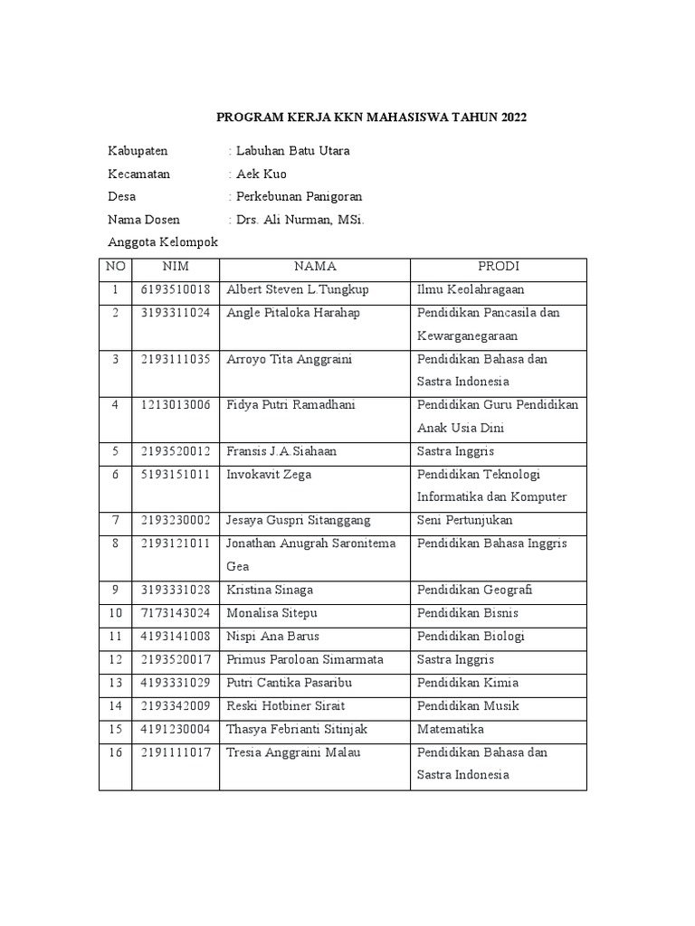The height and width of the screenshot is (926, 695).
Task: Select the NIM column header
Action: click(x=175, y=267)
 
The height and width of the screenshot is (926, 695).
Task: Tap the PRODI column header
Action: click(x=498, y=267)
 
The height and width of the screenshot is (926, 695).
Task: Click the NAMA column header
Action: click(x=314, y=267)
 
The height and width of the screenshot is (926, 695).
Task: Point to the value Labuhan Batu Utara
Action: click(x=292, y=151)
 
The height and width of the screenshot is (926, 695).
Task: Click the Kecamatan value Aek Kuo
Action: click(x=261, y=174)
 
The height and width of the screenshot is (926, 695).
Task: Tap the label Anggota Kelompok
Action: click(x=163, y=242)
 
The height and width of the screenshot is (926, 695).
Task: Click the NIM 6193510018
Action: click(x=175, y=289)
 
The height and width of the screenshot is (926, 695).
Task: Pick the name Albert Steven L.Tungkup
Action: click(x=298, y=289)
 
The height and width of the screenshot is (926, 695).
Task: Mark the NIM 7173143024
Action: click(x=175, y=613)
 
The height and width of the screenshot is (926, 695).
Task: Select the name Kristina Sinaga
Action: click(x=270, y=591)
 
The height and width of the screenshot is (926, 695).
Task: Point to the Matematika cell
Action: click(x=451, y=729)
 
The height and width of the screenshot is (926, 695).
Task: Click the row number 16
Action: click(x=115, y=752)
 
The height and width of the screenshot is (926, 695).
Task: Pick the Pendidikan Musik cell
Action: click(x=468, y=706)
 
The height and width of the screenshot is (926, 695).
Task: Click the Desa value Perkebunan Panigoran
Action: click(x=299, y=197)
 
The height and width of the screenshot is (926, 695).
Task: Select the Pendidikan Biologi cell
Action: click(x=471, y=637)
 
